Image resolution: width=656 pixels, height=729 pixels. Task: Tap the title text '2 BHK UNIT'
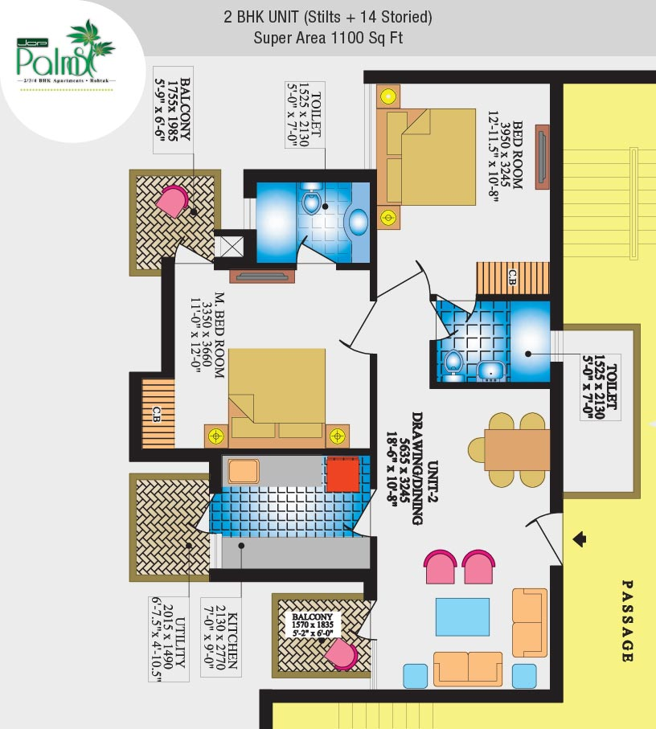[x=273, y=16]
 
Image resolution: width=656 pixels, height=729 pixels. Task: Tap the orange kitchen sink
[x=243, y=471]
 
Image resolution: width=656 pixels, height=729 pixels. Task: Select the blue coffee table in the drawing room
[x=462, y=617]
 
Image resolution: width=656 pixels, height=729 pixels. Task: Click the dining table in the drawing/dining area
[x=517, y=449]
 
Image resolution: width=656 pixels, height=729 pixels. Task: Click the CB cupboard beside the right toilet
[x=512, y=278]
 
